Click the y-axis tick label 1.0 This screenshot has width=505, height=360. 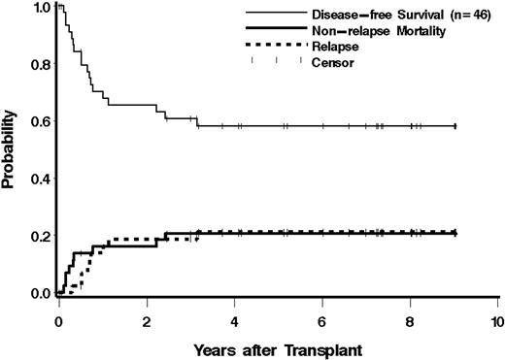pyautogui.click(x=36, y=8)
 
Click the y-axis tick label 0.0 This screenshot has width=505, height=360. pyautogui.click(x=36, y=293)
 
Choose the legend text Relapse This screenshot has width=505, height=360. pyautogui.click(x=334, y=46)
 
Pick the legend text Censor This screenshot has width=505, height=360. pyautogui.click(x=332, y=61)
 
